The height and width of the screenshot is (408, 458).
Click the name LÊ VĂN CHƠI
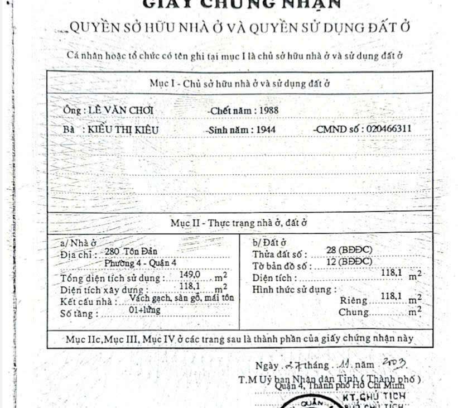122,110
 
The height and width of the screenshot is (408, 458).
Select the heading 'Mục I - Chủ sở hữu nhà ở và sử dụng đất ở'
240,83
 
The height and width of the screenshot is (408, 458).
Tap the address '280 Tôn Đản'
131,252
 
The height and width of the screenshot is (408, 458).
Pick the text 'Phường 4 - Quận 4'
138,263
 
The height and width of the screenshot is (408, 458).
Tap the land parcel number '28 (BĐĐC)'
349,250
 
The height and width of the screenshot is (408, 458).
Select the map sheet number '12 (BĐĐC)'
349,261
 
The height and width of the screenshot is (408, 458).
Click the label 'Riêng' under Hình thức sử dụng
354,300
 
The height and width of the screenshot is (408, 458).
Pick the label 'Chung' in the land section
353,312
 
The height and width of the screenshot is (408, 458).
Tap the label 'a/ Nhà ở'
79,243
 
